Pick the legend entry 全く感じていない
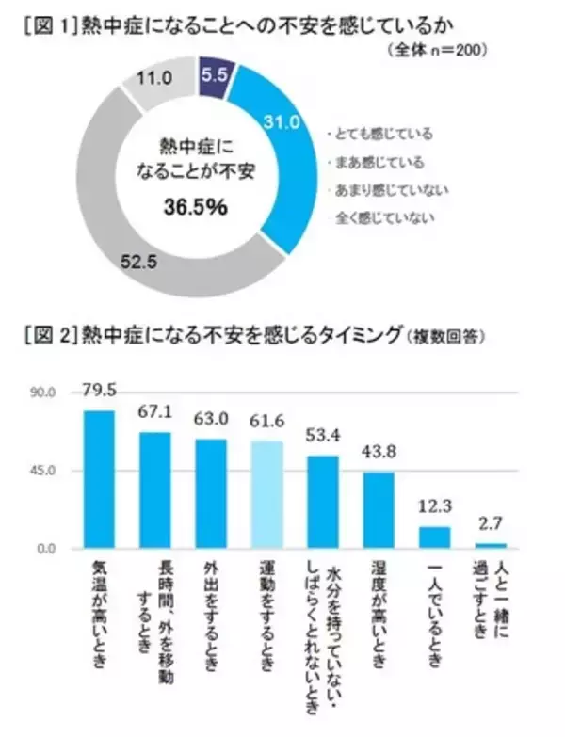click(379, 217)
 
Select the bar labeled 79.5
click(99, 478)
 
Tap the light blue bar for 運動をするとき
click(266, 493)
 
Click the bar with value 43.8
click(378, 509)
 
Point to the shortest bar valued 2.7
click(490, 544)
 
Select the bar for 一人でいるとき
click(433, 537)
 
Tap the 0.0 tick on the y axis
click(47, 548)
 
